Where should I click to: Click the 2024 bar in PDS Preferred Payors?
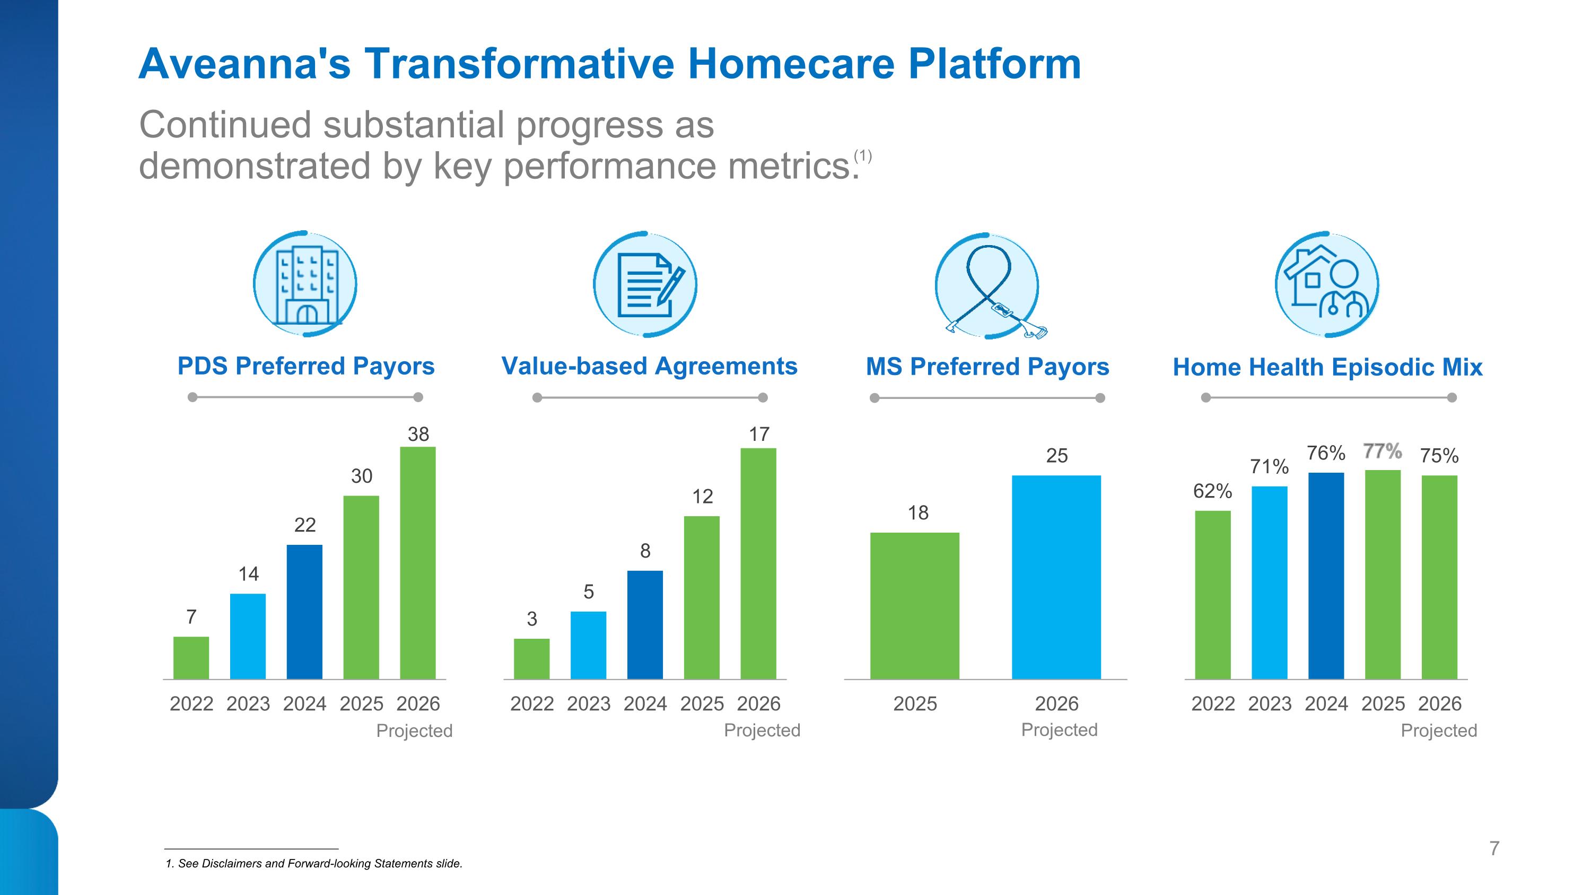point(304,612)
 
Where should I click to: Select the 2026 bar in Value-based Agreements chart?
point(758,563)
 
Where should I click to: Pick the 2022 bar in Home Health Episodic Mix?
point(1212,595)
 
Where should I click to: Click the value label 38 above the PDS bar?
point(418,434)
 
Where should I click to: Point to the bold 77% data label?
point(1382,451)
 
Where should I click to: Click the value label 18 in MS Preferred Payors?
point(918,512)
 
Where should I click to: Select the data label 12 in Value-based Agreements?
point(702,497)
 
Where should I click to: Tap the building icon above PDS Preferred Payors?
point(305,285)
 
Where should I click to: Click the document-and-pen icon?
point(645,285)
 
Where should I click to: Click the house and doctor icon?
point(1327,285)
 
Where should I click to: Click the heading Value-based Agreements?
point(649,366)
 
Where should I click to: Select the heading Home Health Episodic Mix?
point(1327,368)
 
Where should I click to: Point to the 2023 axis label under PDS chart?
point(248,703)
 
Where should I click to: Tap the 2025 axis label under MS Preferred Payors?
point(915,703)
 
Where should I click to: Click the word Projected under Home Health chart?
point(1438,731)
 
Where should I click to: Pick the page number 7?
point(1494,849)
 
